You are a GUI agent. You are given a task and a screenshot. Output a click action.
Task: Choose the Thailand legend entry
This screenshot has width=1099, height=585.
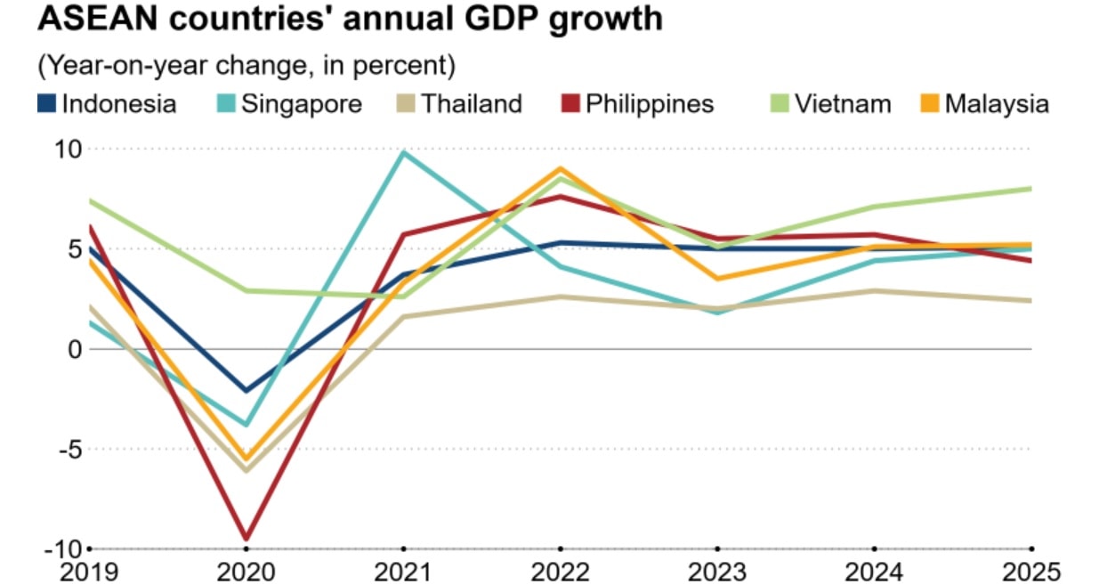point(459,104)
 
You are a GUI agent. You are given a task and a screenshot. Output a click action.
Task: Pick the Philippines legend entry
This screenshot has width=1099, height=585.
point(637,104)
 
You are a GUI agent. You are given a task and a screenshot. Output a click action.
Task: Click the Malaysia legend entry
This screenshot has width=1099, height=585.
point(984,104)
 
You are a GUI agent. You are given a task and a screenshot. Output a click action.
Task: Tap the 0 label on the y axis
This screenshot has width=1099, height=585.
point(74,349)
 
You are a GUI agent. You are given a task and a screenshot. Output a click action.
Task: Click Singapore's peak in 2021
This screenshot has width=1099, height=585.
point(403,152)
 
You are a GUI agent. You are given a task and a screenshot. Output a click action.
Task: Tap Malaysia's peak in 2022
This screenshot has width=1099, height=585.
point(561,168)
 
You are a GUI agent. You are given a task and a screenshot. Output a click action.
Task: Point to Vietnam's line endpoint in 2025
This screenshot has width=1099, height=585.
point(1030,188)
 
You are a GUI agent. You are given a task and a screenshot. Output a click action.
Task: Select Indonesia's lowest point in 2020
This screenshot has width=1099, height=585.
point(246,391)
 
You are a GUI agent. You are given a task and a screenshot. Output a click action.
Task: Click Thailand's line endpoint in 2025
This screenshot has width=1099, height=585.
point(1030,301)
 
